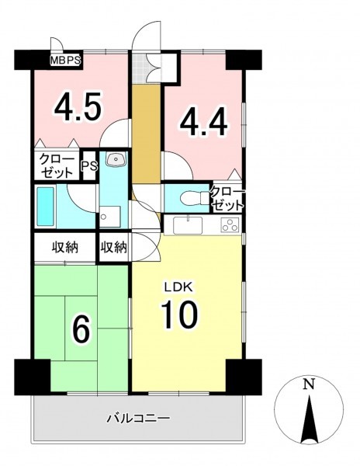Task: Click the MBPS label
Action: coord(65,61)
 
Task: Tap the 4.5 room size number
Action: coord(78,106)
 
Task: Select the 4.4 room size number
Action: coord(203,121)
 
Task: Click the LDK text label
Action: coord(179,287)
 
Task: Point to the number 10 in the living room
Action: coord(179,314)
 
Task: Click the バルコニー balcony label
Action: coord(138,419)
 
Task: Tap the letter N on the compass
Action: coord(309,385)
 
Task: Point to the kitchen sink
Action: coord(188,225)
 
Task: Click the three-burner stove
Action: coord(230,224)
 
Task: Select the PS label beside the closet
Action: coord(90,166)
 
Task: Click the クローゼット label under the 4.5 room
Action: coord(57,166)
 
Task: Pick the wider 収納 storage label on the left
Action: coord(65,247)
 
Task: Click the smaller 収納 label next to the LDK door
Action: coord(114,247)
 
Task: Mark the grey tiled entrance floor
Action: coord(139,68)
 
